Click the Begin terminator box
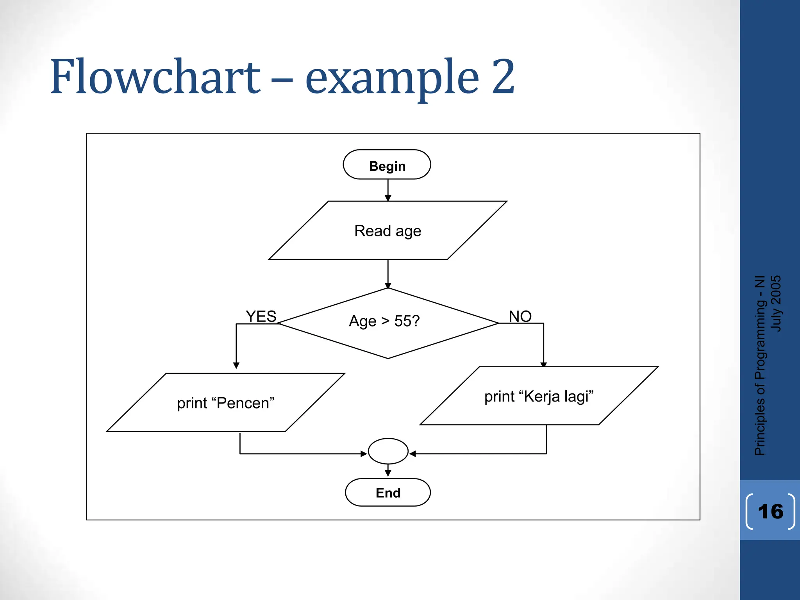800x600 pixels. pos(387,165)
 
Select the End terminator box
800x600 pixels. pos(387,493)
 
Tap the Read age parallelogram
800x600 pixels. pos(387,231)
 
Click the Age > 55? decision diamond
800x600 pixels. pos(387,323)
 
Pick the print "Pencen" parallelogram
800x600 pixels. pos(225,403)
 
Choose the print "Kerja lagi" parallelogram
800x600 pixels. pos(539,396)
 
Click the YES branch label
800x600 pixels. pos(261,316)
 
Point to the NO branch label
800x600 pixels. pos(520,316)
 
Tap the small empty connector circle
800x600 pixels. pos(388,451)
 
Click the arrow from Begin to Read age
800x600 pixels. pos(388,190)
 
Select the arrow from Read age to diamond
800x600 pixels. pos(388,273)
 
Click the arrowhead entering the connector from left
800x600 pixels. pos(364,454)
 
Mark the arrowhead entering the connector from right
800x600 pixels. pos(413,454)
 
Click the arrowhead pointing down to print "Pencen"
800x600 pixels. pos(236,366)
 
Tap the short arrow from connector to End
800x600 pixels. pos(388,471)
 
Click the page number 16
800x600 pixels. pos(770,512)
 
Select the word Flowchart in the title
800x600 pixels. pos(155,77)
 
